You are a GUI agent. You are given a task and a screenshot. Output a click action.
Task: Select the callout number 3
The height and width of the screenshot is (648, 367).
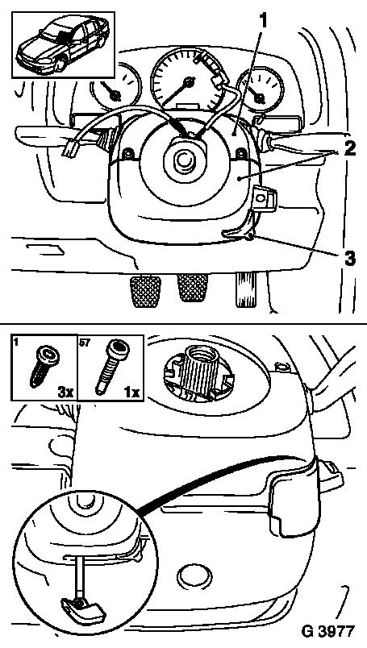[x=348, y=259]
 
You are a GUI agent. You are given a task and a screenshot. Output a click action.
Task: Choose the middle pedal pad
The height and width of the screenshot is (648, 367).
[x=193, y=288]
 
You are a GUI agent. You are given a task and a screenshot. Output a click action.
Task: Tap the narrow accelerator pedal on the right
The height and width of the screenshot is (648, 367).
[x=244, y=289]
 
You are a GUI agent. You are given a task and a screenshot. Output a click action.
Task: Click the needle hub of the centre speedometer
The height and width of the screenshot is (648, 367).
[x=190, y=82]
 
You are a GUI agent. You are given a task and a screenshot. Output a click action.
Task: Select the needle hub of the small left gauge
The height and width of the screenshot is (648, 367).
[x=115, y=95]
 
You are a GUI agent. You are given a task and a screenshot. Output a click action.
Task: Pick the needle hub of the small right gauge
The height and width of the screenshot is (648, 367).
[x=260, y=98]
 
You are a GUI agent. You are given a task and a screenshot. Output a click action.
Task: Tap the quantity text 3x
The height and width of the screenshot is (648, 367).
[x=65, y=393]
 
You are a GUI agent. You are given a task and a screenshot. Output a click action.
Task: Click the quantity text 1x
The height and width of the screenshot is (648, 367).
[x=132, y=393]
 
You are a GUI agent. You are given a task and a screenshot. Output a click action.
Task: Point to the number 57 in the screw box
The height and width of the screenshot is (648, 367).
[x=85, y=343]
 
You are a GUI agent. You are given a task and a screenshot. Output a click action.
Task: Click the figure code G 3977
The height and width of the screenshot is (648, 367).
[x=328, y=631]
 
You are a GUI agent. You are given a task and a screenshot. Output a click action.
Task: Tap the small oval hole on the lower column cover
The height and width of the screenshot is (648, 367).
[x=194, y=575]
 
